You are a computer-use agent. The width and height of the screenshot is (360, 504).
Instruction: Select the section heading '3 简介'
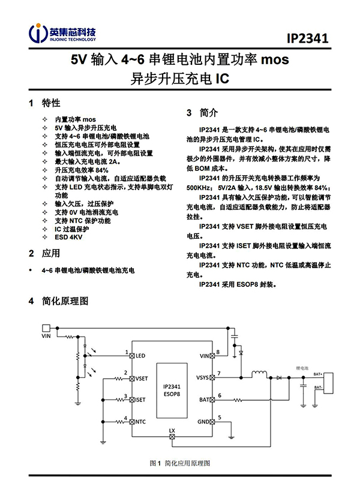[x=202, y=112]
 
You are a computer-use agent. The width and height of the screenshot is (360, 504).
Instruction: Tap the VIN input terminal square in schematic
[x=46, y=328]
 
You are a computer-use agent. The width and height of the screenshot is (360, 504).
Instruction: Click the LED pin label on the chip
[x=141, y=356]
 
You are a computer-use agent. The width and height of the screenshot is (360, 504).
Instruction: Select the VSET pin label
[x=142, y=379]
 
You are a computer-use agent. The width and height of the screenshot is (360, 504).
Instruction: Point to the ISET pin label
[x=141, y=399]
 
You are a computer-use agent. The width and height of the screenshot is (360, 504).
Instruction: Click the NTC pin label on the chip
[x=140, y=422]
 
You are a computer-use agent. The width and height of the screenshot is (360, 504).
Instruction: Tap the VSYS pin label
[x=203, y=378]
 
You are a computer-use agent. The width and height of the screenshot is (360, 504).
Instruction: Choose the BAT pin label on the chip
[x=204, y=399]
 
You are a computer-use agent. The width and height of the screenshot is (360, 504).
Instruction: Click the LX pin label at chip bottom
[x=172, y=431]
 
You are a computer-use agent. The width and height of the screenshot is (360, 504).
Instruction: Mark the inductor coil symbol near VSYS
[x=259, y=375]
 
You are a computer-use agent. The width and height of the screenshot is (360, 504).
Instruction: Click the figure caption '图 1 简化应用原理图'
[x=180, y=463]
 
